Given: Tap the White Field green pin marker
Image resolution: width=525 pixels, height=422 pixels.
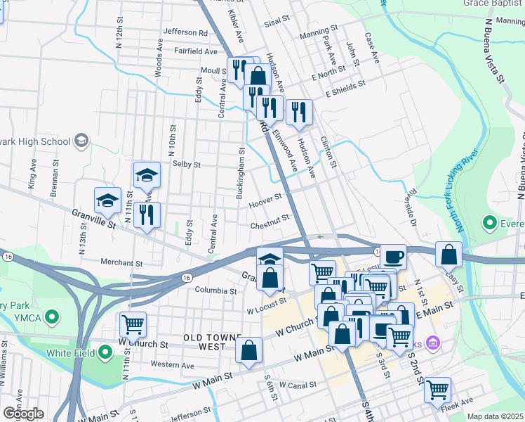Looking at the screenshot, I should click(105, 352).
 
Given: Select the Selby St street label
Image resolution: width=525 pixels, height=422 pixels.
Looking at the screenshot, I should click(187, 165).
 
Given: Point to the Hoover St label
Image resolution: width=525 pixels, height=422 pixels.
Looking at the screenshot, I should click(265, 205).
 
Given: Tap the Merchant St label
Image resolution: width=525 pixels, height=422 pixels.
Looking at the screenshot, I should click(121, 263).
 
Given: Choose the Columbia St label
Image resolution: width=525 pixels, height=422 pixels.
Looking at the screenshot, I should click(215, 290).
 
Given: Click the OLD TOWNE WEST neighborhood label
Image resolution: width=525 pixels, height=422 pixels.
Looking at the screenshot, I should click(213, 343).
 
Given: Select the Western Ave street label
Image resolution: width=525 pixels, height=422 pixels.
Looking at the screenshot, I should click(172, 366).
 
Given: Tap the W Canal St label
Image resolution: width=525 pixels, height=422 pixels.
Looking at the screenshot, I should click(298, 385).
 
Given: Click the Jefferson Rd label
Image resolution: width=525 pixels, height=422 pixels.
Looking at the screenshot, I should click(185, 32).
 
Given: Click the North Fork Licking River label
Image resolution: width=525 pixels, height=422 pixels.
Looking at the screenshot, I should click(467, 191).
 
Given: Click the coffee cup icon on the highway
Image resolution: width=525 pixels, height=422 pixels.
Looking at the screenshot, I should click(393, 256).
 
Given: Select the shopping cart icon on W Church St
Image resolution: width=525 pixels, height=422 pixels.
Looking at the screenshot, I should click(133, 324).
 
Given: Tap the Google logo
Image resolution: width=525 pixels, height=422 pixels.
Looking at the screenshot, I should click(23, 414).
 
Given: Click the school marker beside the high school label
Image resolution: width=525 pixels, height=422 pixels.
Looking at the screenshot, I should click(81, 141).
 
